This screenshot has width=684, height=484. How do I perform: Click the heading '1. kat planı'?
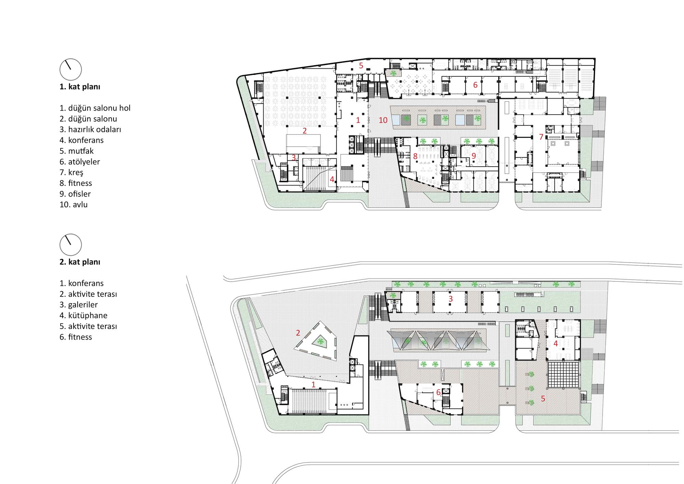(80, 87)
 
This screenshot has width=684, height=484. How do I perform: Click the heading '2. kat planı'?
(80, 262)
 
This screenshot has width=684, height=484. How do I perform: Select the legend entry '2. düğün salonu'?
(88, 119)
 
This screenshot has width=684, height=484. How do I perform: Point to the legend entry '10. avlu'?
(74, 205)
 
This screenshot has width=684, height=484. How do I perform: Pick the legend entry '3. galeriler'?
(79, 305)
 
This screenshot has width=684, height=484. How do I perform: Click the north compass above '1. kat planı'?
(71, 69)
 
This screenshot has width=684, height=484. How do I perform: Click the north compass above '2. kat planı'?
(71, 245)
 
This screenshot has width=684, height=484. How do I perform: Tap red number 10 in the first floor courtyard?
(383, 120)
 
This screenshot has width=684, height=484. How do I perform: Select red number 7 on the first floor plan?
(541, 137)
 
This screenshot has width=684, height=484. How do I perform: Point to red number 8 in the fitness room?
(415, 156)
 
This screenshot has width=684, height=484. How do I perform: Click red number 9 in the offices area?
(474, 156)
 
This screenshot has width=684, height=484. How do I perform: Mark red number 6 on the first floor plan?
(475, 85)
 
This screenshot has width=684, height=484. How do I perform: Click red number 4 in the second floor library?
(556, 343)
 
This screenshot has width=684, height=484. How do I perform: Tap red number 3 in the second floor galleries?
(451, 299)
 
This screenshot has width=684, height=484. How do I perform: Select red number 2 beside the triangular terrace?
(298, 333)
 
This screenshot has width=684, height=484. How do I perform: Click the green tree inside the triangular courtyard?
(320, 341)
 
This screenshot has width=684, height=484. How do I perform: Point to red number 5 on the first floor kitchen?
(361, 65)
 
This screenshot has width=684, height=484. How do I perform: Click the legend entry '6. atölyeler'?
(80, 162)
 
